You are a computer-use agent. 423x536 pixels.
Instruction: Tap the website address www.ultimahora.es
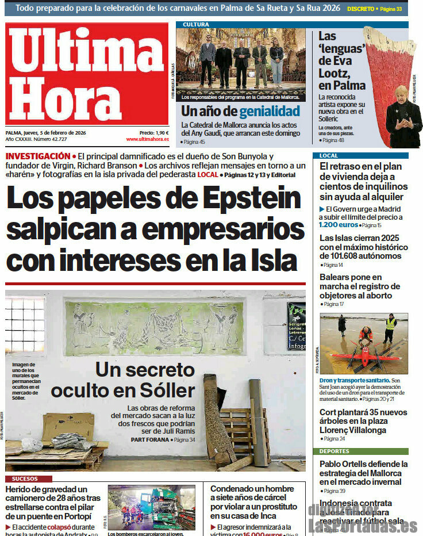[147, 139]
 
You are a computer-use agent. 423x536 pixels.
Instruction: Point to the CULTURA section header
[196, 25]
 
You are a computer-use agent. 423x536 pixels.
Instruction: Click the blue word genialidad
[270, 111]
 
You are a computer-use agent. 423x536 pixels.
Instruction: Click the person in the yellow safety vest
[391, 328]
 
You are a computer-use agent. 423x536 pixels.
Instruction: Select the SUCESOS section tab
[24, 478]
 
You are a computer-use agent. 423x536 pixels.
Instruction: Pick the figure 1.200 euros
[339, 225]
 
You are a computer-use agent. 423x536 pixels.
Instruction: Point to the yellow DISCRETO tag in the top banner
[360, 9]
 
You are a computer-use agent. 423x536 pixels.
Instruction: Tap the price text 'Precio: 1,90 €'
[154, 133]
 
